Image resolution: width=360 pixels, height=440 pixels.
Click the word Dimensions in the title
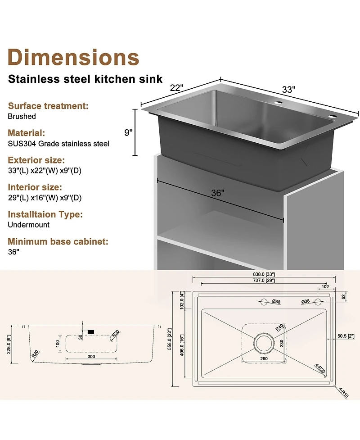pyautogui.click(x=73, y=57)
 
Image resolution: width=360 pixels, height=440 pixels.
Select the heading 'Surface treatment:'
pyautogui.click(x=48, y=106)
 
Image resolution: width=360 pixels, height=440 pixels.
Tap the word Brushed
pyautogui.click(x=22, y=116)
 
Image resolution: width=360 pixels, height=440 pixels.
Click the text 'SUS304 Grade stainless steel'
pyautogui.click(x=58, y=144)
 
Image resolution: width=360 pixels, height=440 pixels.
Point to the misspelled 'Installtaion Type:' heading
pyautogui.click(x=45, y=214)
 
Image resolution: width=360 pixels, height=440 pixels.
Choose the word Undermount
pyautogui.click(x=29, y=224)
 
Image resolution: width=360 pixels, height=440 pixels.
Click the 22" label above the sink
pyautogui.click(x=176, y=88)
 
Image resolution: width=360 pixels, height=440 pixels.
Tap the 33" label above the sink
pyautogui.click(x=288, y=89)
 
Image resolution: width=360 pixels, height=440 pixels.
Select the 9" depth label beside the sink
pyautogui.click(x=129, y=132)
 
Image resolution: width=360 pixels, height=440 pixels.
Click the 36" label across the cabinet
pyautogui.click(x=217, y=193)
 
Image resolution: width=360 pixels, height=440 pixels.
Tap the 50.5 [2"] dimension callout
pyautogui.click(x=346, y=336)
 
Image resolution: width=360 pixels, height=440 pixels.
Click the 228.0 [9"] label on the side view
pyautogui.click(x=8, y=344)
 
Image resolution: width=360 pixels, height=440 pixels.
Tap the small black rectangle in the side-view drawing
pyautogui.click(x=91, y=332)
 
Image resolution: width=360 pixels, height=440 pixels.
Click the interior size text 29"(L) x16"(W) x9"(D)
pyautogui.click(x=45, y=198)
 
